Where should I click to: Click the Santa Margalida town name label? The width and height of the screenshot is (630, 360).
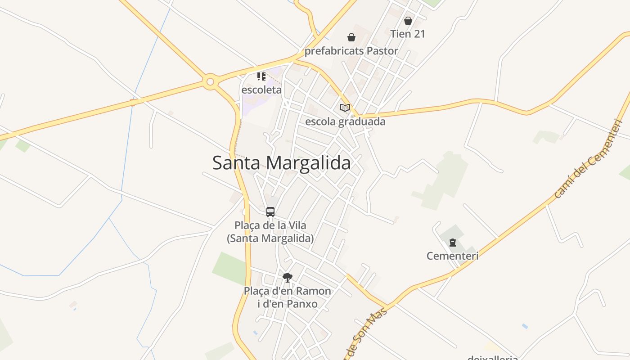pos(281,162)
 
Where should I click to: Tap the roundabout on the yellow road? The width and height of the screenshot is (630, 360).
pos(210,82)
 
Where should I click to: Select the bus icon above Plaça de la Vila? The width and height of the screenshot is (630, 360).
pos(270,211)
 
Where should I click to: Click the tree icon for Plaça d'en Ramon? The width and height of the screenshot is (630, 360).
pos(288,277)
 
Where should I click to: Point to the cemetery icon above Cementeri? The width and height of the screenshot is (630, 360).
pos(453,243)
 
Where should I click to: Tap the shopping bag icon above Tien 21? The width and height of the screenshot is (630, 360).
pos(408,21)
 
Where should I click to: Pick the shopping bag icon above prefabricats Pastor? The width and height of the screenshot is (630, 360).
pos(351,37)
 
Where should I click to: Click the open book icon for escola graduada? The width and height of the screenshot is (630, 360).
pos(345,108)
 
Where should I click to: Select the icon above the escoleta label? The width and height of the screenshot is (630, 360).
pos(261,76)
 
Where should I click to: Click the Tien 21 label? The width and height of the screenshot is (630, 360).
pos(408,34)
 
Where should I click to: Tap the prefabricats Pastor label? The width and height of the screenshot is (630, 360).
pos(351,51)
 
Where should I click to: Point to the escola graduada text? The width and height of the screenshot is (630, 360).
pos(345,121)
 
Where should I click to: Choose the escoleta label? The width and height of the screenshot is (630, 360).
pos(261,90)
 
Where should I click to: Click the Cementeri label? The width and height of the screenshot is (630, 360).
pos(452,256)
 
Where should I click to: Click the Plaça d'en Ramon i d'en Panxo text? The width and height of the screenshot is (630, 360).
pos(288,297)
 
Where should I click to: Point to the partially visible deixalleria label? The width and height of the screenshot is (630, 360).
pos(493,357)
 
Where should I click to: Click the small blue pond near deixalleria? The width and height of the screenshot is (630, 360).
pos(525,326)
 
